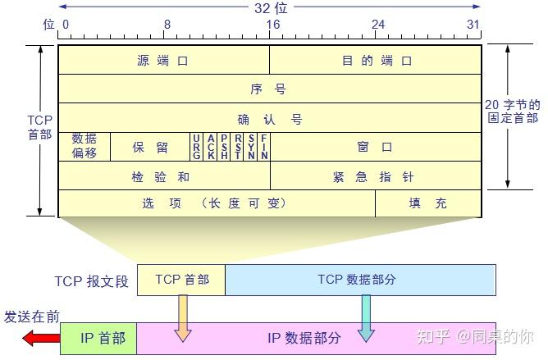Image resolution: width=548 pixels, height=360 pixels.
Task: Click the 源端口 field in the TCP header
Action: [x=163, y=60]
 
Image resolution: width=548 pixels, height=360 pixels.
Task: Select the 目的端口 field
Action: [x=376, y=60]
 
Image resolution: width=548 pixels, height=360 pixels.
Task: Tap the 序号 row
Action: [x=269, y=89]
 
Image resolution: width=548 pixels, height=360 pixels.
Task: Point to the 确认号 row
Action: [x=269, y=118]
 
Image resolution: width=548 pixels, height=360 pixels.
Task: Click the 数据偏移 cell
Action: [x=84, y=147]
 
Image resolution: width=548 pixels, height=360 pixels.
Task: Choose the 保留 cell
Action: [x=150, y=147]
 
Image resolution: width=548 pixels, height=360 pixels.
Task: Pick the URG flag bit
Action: [x=197, y=147]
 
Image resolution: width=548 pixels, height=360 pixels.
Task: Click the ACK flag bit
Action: [x=211, y=147]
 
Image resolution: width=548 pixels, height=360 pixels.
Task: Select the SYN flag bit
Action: [x=251, y=147]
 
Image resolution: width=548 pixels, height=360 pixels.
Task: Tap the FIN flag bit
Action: [x=264, y=147]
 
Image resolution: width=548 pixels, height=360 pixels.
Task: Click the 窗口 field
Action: [x=376, y=147]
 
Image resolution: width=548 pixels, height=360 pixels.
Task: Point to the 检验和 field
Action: [x=163, y=176]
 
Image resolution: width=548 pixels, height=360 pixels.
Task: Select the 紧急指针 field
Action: [x=376, y=176]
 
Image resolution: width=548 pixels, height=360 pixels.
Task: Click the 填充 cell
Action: [x=428, y=203]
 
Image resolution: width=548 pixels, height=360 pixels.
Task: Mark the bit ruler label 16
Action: [x=272, y=25]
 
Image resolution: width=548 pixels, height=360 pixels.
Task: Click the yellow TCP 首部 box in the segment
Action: [x=180, y=280]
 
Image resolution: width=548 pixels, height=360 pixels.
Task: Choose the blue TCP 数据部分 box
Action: [x=360, y=280]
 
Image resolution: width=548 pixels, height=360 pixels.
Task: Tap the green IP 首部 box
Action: [x=98, y=338]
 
